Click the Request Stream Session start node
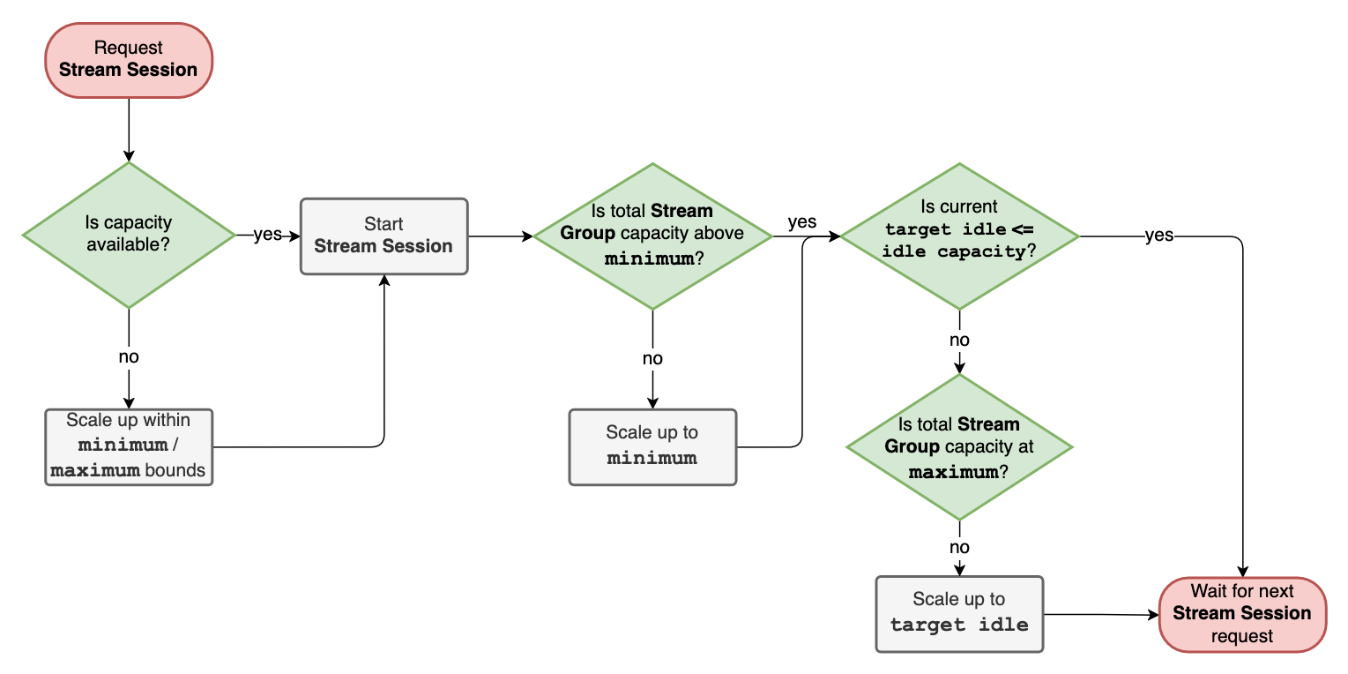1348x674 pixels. [x=129, y=60]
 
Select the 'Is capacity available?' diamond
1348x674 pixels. [x=129, y=235]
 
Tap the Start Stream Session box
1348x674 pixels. [x=384, y=236]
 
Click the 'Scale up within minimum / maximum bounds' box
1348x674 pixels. [x=129, y=446]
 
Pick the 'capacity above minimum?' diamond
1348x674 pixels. [x=652, y=236]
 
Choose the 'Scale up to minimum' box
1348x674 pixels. [x=652, y=446]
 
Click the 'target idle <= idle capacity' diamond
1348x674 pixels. [x=959, y=236]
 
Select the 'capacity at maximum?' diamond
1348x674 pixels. [x=959, y=447]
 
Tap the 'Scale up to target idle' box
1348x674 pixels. [x=959, y=613]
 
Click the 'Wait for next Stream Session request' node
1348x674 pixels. [x=1242, y=614]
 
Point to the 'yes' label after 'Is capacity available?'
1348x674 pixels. [x=267, y=236]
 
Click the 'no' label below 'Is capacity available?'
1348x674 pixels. [x=129, y=357]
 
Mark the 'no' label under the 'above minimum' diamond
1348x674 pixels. [x=652, y=358]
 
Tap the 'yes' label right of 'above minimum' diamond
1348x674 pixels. [x=801, y=221]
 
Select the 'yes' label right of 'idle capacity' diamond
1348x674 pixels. [x=1158, y=236]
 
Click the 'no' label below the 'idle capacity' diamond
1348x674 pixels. [x=959, y=341]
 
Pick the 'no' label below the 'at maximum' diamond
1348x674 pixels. [x=959, y=547]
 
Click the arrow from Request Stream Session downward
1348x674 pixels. [x=129, y=129]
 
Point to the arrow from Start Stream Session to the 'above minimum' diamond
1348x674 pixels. [x=500, y=236]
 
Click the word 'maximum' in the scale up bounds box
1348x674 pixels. [x=95, y=470]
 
